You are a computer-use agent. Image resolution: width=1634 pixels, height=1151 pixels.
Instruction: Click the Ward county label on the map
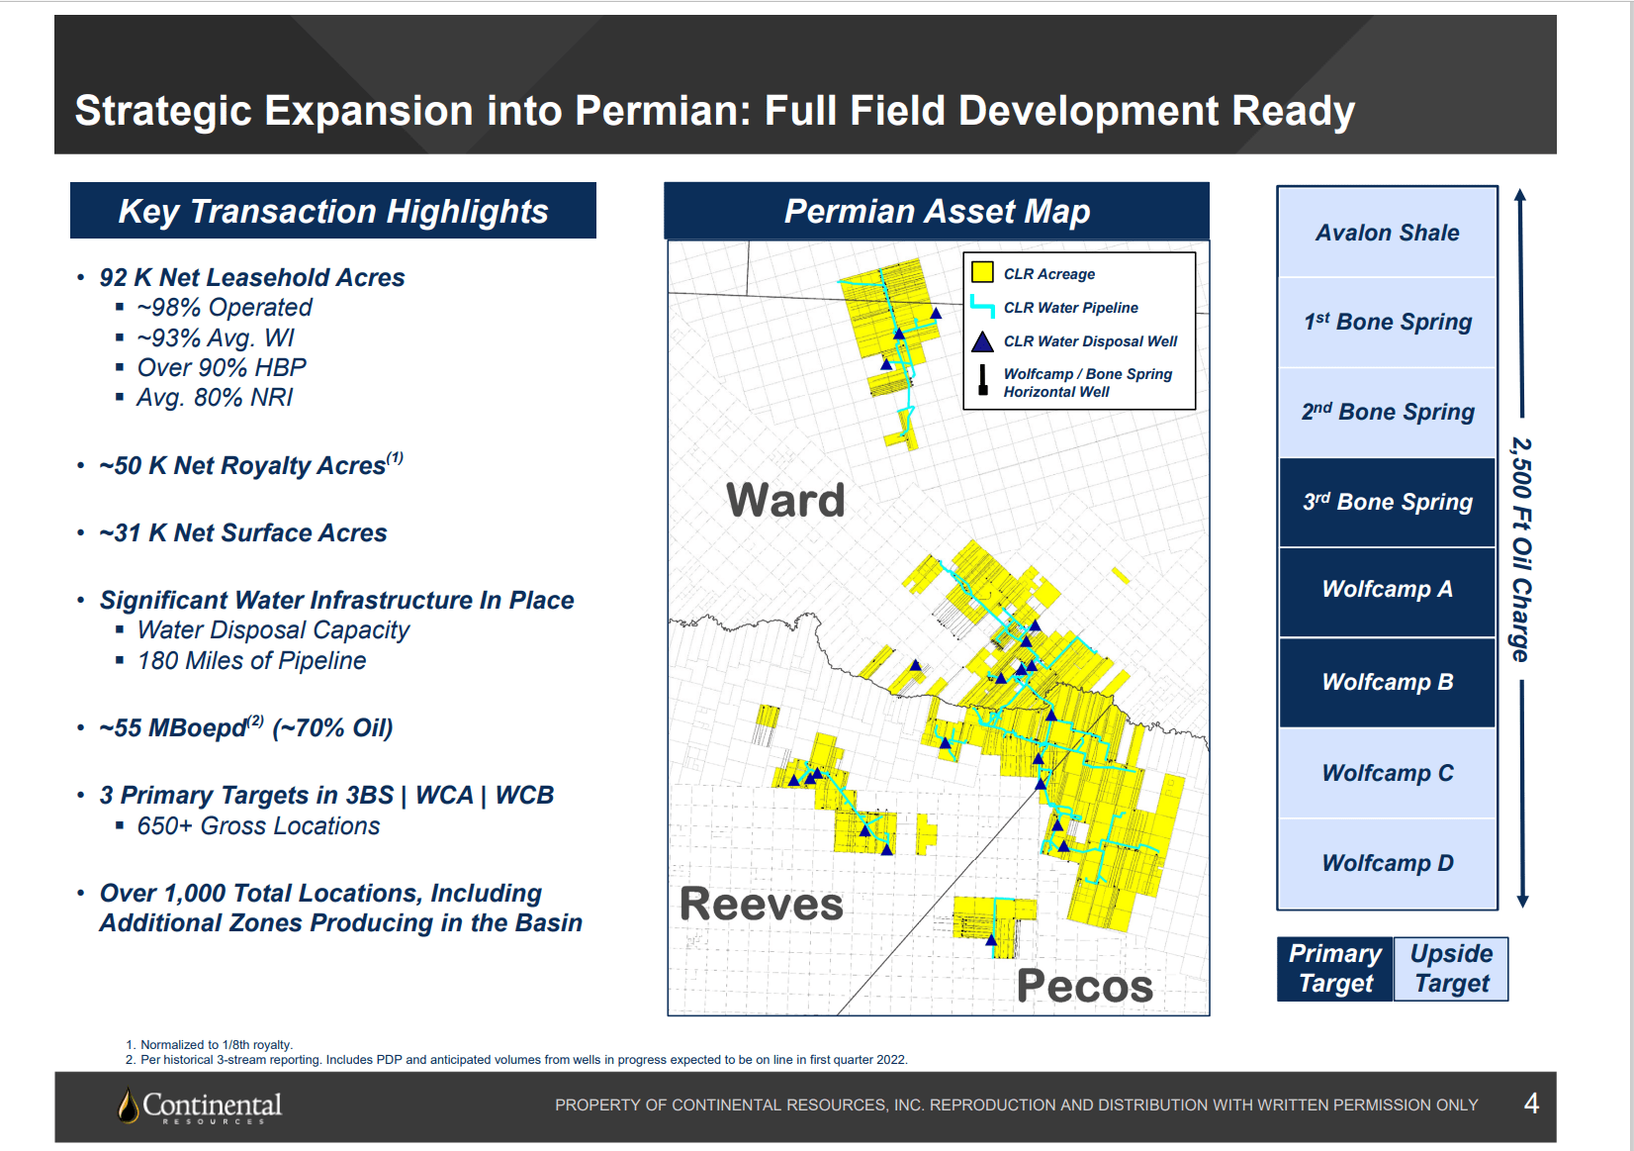click(785, 500)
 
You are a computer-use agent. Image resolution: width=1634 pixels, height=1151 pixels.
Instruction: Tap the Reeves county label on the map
click(761, 904)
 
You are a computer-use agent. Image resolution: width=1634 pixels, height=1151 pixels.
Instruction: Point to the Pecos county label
click(1084, 986)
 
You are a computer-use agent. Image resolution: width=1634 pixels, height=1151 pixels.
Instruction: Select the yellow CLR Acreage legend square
click(982, 272)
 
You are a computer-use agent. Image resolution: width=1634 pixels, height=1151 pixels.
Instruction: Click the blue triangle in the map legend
click(982, 341)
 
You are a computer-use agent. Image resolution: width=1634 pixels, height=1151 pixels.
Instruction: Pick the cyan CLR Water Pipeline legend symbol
click(981, 307)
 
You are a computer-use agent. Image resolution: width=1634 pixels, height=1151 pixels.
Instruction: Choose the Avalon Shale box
click(1387, 233)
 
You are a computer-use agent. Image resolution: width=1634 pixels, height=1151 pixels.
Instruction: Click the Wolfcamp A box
click(1387, 590)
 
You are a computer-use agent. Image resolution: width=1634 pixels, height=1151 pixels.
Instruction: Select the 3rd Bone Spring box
click(1387, 502)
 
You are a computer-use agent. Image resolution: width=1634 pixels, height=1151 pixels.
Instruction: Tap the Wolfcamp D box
click(1387, 863)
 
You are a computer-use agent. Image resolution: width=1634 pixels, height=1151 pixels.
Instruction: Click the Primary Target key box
click(1334, 969)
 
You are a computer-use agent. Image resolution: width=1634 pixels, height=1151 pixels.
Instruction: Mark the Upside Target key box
click(1451, 969)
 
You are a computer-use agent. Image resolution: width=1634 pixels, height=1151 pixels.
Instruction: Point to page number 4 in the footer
click(1531, 1103)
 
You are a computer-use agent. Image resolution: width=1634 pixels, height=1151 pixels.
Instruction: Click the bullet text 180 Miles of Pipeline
click(252, 661)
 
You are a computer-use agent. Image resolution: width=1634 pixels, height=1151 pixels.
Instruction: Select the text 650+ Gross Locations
click(258, 826)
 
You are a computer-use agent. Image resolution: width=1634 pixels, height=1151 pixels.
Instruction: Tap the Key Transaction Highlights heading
click(333, 211)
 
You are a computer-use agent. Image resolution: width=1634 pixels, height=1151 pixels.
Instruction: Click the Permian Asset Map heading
click(937, 211)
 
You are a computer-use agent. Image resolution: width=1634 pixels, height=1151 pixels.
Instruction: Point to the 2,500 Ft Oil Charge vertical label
click(1520, 549)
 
